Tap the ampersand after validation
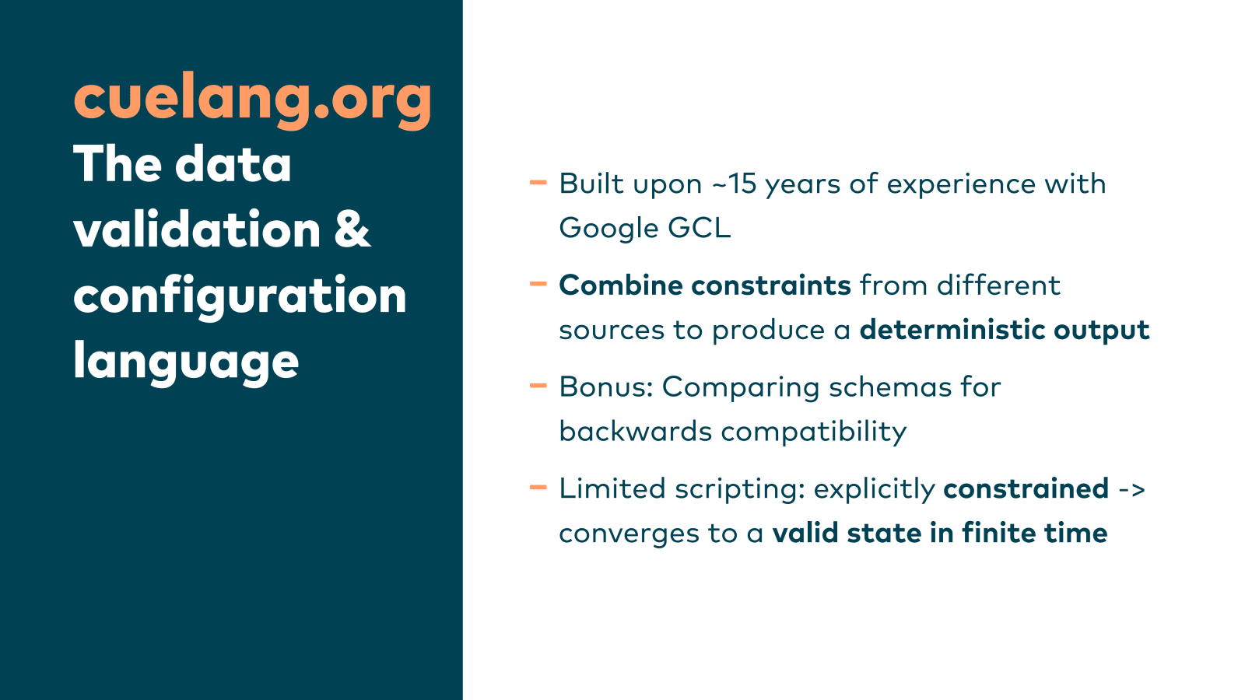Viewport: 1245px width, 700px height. (x=352, y=229)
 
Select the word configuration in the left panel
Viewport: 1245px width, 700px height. (x=240, y=296)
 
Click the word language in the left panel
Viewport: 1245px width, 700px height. (x=186, y=362)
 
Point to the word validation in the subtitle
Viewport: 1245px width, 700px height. (x=198, y=229)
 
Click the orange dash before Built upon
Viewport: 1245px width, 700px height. (x=538, y=182)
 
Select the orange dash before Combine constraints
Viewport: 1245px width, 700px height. (x=538, y=284)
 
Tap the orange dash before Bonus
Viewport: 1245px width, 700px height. (x=538, y=386)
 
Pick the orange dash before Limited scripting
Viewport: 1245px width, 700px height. (x=538, y=488)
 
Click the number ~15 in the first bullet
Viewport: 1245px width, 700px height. (x=735, y=184)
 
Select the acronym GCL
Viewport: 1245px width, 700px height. (x=700, y=229)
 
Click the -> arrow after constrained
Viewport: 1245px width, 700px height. (x=1131, y=489)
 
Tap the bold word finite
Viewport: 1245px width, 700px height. (x=999, y=533)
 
